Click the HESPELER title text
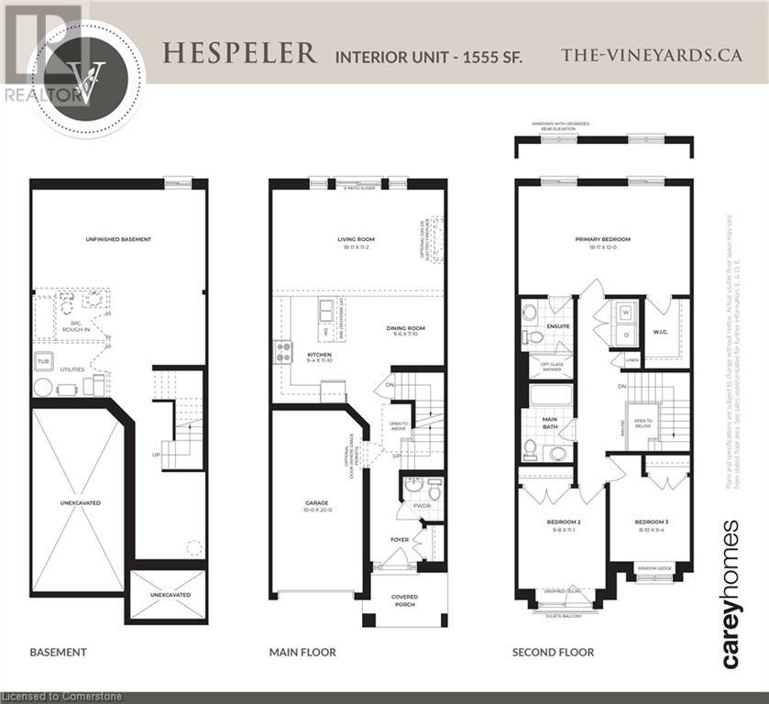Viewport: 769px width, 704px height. tap(240, 53)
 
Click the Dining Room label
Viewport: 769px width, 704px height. tap(404, 331)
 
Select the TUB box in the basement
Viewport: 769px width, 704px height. tap(43, 360)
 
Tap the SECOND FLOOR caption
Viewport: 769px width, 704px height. tap(553, 653)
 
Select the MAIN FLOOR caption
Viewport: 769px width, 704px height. tap(302, 653)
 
